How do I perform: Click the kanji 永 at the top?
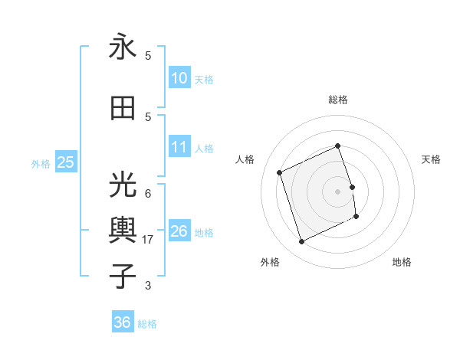click(x=123, y=47)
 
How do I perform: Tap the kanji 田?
click(x=123, y=108)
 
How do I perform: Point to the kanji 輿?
click(x=123, y=231)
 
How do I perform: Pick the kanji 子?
click(x=123, y=276)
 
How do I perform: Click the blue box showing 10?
click(x=179, y=78)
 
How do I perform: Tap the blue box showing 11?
click(x=179, y=148)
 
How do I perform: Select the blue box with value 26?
click(x=179, y=231)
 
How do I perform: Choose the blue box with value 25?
click(x=65, y=162)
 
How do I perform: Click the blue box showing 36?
click(x=123, y=323)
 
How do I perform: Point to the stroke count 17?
click(x=149, y=240)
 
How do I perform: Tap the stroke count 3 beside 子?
click(x=148, y=286)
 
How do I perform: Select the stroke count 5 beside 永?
click(x=148, y=56)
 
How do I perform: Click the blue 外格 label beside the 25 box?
click(x=41, y=163)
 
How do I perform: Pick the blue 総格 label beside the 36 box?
click(x=147, y=324)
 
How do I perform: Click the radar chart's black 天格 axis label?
click(x=432, y=159)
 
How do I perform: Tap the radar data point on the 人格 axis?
click(x=280, y=172)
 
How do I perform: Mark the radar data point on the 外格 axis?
click(x=301, y=242)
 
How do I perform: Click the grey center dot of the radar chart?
click(x=337, y=191)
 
